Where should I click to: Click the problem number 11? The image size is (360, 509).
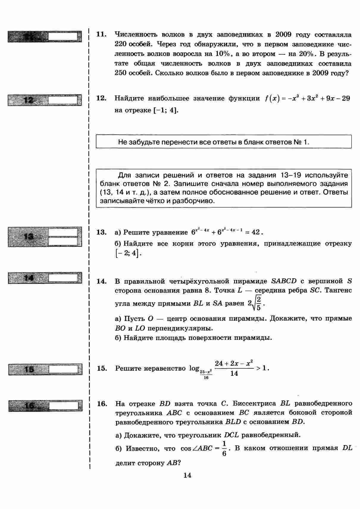(x=101, y=34)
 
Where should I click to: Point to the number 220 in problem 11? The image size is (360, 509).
(x=121, y=44)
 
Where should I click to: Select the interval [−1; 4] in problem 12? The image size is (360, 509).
(x=166, y=110)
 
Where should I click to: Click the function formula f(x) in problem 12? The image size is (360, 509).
(x=307, y=98)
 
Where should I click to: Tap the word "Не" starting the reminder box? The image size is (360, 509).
(x=122, y=142)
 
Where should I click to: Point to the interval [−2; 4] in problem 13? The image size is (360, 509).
(x=127, y=254)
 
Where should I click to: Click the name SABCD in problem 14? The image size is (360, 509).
(x=284, y=281)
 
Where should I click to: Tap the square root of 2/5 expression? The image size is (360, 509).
(x=256, y=303)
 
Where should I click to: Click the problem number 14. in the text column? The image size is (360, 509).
(x=102, y=281)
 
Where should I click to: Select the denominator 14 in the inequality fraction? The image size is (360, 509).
(x=234, y=373)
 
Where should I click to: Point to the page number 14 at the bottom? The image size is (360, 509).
(x=187, y=475)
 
